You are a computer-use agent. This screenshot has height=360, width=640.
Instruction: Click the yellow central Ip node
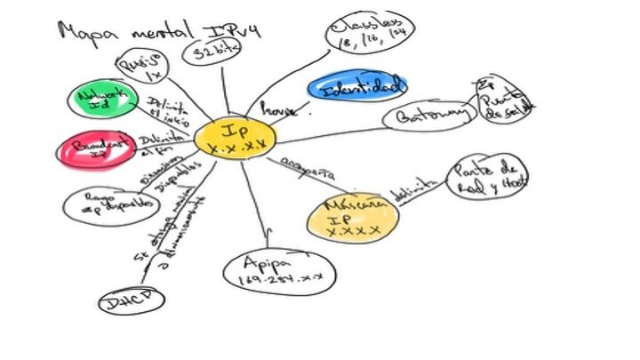pyautogui.click(x=235, y=138)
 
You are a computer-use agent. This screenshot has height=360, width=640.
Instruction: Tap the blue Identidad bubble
pyautogui.click(x=356, y=86)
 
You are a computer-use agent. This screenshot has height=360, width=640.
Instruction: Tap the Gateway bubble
pyautogui.click(x=427, y=116)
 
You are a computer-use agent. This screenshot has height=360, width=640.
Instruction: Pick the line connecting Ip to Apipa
pyautogui.click(x=259, y=204)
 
